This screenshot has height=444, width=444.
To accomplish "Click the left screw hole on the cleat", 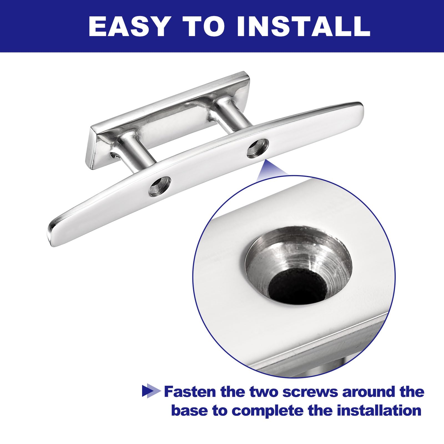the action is click(160, 186).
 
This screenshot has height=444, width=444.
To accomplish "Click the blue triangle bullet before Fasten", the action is click(151, 391).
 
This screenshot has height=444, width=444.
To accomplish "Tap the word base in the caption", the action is click(190, 411).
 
